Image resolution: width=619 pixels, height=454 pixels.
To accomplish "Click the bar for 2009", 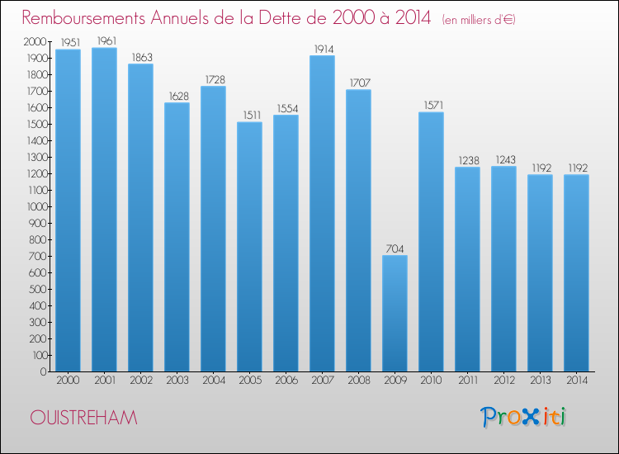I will pos(395,313).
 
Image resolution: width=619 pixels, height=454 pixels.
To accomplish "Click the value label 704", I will pos(395,248).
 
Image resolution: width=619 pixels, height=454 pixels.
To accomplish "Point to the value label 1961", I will pos(104,40).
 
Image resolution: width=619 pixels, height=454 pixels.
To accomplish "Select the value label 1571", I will pos(431,105).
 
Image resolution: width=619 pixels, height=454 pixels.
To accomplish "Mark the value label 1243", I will pos(503,159).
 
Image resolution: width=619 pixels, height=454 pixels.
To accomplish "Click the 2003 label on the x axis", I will pos(177,381).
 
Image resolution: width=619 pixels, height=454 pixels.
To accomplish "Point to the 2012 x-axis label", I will pos(503,381).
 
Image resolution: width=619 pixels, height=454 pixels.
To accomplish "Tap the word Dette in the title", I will pos(301,18).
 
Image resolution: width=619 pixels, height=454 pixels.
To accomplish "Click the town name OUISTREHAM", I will pos(83,418).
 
